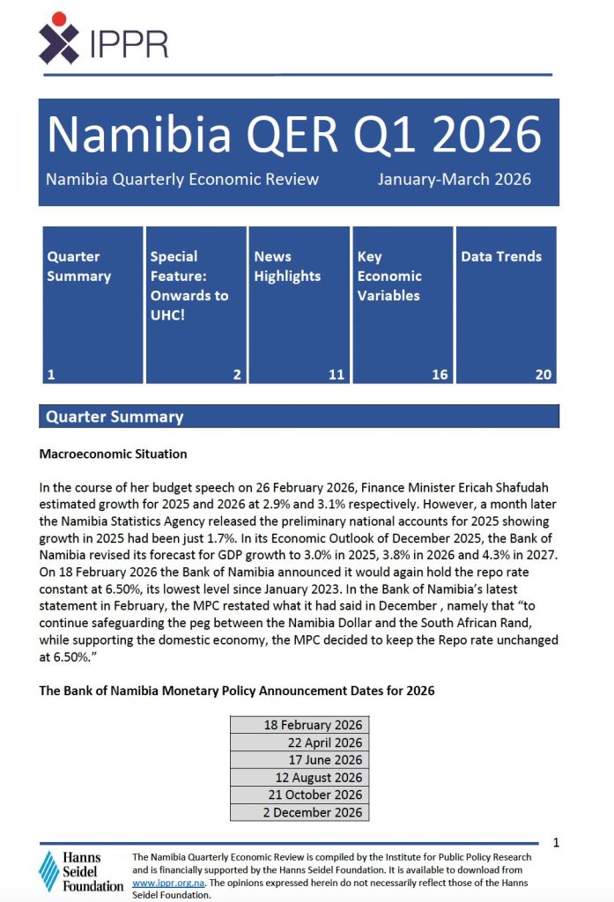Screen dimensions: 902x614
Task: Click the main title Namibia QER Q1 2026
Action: tap(293, 135)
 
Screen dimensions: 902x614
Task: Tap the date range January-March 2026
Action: tap(454, 180)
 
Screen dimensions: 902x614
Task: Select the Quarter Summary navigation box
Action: tap(92, 304)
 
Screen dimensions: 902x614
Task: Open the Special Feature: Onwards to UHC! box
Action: tap(195, 304)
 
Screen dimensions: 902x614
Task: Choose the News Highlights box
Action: tap(299, 304)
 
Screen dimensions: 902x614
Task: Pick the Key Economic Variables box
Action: tap(402, 304)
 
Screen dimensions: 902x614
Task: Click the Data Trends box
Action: tap(506, 304)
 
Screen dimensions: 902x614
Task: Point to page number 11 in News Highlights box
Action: tap(336, 374)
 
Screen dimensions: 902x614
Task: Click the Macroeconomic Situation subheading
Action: tap(113, 455)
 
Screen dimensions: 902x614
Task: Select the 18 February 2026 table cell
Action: tap(300, 725)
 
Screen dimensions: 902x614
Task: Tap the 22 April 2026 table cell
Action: tap(300, 743)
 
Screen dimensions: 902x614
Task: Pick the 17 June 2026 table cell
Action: tap(300, 760)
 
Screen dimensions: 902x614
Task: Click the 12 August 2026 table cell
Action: tap(300, 778)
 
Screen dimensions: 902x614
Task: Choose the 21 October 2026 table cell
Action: tap(300, 795)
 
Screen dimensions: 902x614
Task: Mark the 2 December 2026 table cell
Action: tap(300, 812)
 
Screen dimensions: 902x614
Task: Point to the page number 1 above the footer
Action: tap(556, 843)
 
